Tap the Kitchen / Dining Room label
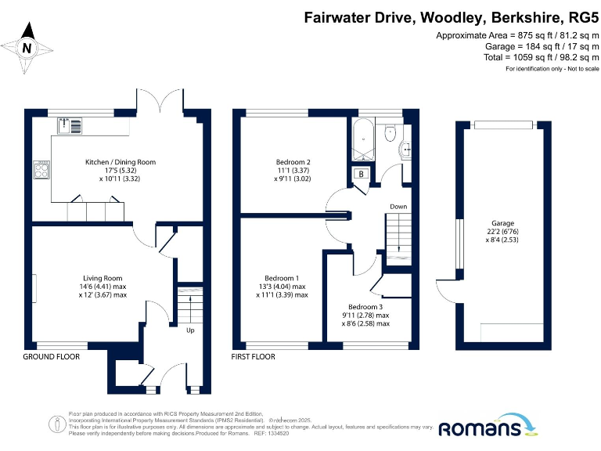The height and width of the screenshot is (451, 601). tap(121, 162)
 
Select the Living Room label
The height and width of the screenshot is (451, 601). tap(103, 278)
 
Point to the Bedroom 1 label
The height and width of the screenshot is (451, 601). tap(282, 278)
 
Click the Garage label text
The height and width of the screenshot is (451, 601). tap(502, 223)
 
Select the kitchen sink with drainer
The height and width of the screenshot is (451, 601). tap(70, 126)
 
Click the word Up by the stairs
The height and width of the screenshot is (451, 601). tap(189, 330)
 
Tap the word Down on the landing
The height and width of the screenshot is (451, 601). tap(398, 207)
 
